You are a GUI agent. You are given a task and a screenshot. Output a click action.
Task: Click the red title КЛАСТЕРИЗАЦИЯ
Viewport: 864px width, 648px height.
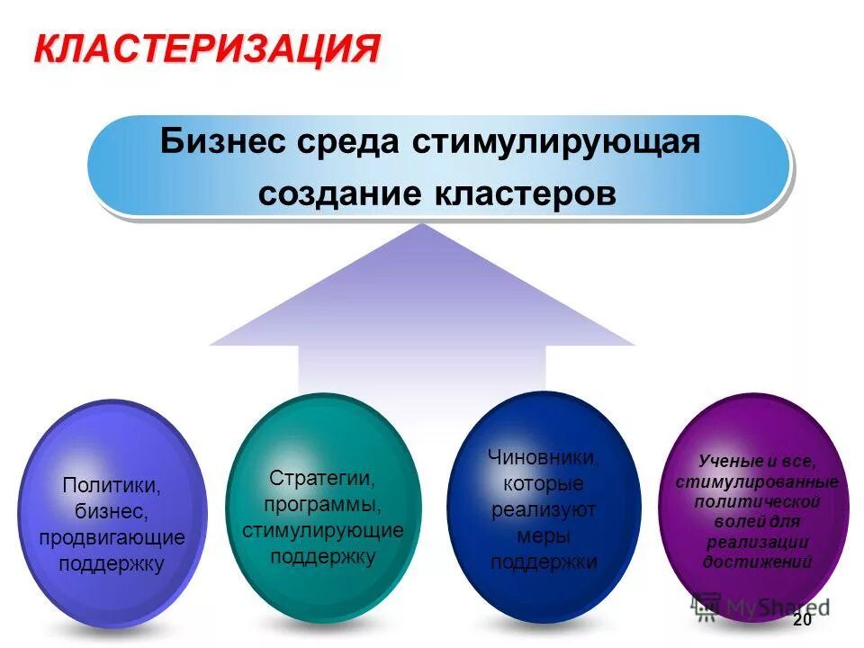click(207, 47)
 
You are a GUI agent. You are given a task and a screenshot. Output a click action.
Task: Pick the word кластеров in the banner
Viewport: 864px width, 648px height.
click(523, 193)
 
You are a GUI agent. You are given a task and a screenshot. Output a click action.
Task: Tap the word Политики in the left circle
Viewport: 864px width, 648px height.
click(112, 486)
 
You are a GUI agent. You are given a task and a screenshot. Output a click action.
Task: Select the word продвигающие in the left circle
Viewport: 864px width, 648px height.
click(112, 538)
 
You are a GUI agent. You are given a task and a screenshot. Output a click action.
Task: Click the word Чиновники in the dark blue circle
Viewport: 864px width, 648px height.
click(544, 458)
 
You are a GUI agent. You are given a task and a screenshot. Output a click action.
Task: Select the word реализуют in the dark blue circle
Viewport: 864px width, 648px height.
click(544, 510)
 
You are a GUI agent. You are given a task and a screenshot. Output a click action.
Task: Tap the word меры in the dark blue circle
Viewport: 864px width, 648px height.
click(544, 536)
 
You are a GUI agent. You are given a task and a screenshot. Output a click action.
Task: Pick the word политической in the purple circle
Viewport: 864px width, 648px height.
click(756, 501)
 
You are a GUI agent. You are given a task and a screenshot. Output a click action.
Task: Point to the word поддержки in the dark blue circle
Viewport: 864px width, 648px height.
click(544, 562)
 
